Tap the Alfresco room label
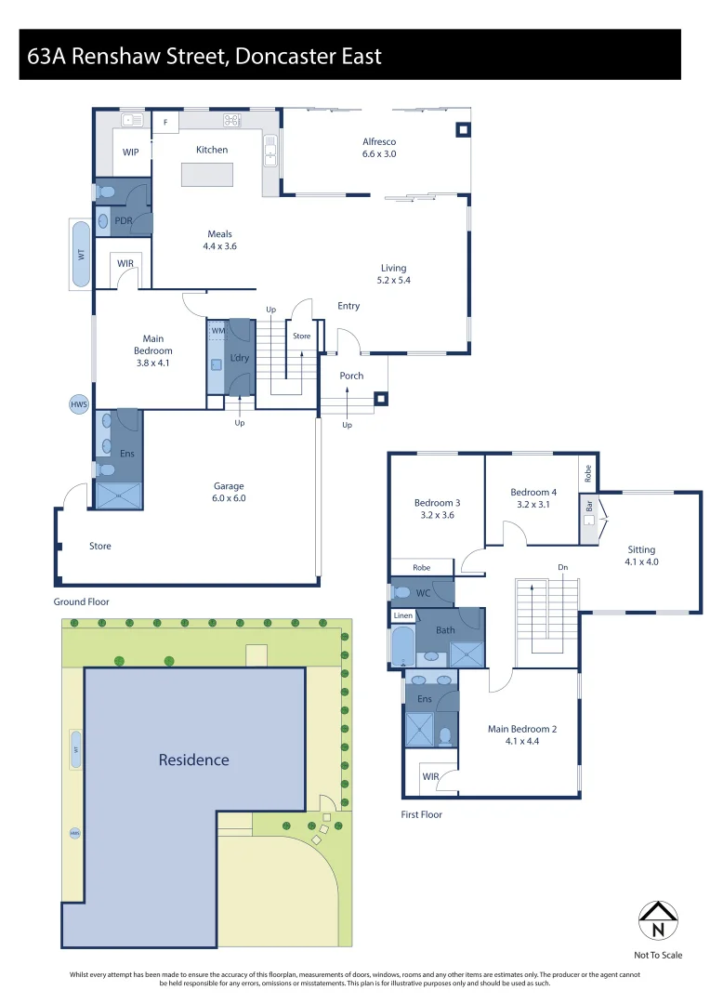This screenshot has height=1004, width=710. (x=379, y=148)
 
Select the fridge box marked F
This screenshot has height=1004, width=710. (x=165, y=122)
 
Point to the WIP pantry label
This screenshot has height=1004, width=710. (x=131, y=152)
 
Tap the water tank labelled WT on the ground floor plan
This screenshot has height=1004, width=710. (x=81, y=253)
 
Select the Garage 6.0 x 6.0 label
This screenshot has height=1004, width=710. (x=228, y=492)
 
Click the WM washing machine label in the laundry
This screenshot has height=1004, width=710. (x=217, y=330)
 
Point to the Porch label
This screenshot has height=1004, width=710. (x=351, y=376)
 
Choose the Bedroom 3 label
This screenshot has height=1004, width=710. (x=437, y=509)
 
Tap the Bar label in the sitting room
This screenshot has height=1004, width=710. (x=588, y=507)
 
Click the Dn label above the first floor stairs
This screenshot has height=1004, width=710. (x=563, y=567)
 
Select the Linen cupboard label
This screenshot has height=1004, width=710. (x=402, y=615)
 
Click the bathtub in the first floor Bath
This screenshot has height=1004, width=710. (x=402, y=647)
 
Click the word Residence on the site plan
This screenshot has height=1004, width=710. (x=193, y=760)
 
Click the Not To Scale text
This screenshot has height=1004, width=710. (x=657, y=955)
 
